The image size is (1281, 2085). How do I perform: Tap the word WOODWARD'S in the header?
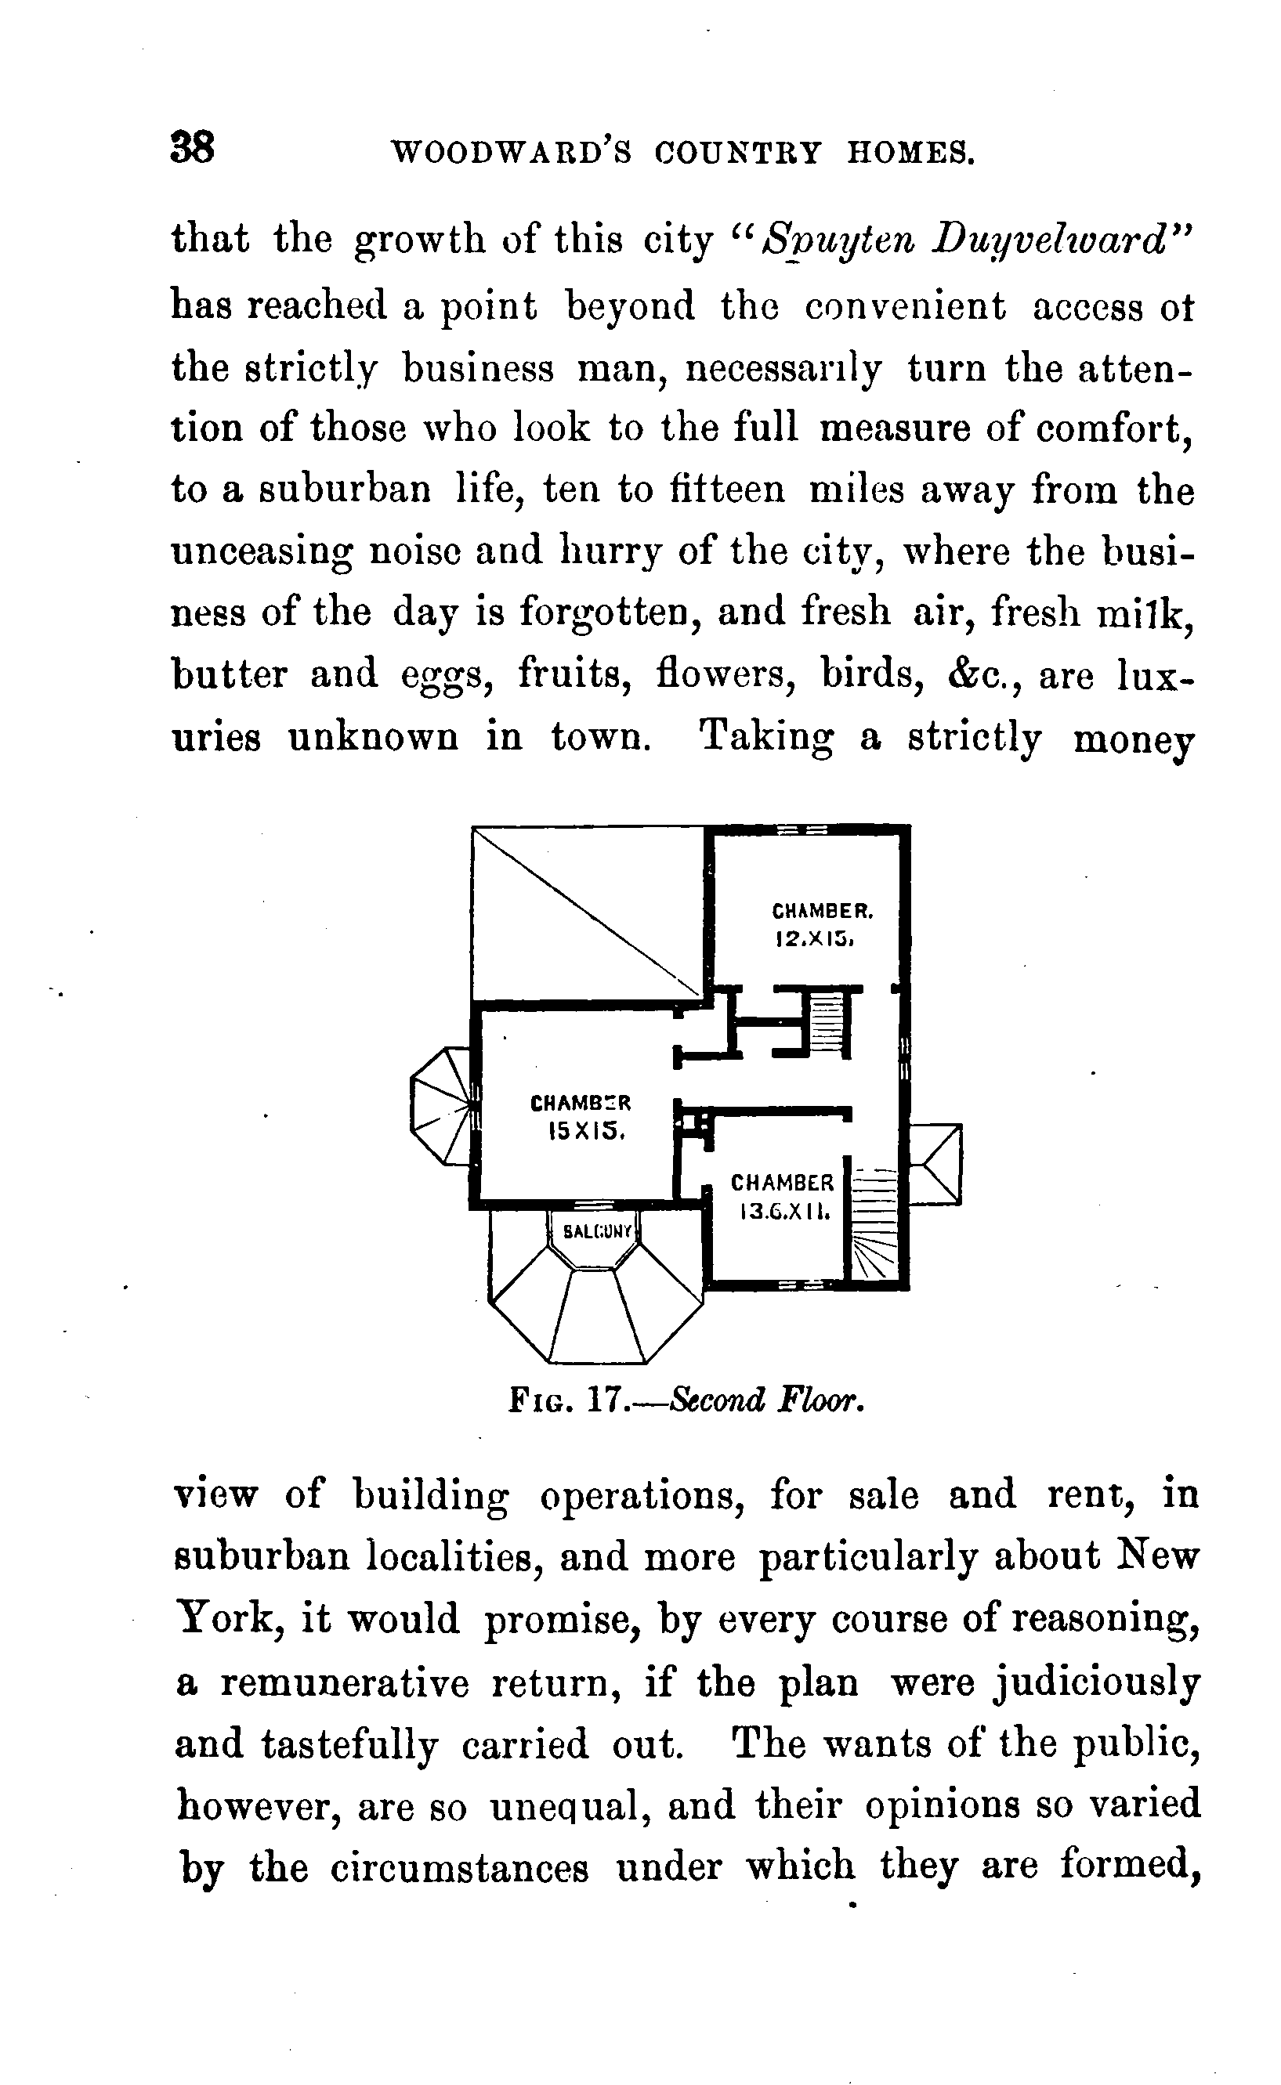[x=511, y=154]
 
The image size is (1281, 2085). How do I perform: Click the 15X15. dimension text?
[x=587, y=1132]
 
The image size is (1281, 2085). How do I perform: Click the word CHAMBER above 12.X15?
[x=822, y=911]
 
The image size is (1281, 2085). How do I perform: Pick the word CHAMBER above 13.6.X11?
[x=782, y=1183]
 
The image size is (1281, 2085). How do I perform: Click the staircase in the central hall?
[x=830, y=1022]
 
